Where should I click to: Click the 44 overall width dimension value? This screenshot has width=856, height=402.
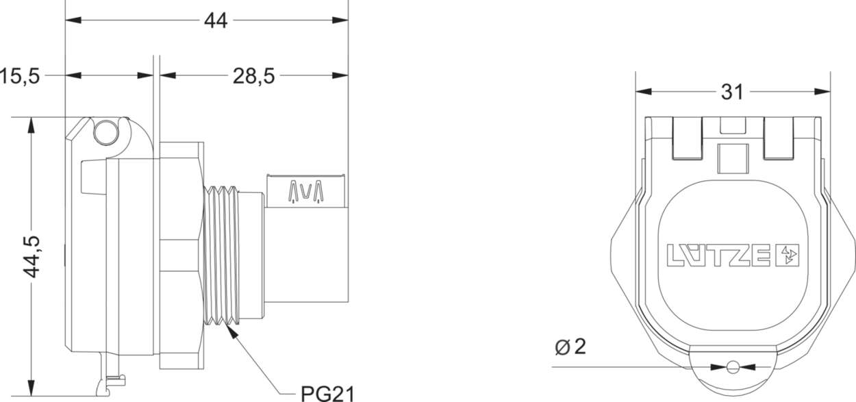click(216, 21)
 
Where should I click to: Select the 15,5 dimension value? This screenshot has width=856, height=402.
click(20, 76)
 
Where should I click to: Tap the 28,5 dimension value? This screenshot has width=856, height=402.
click(253, 76)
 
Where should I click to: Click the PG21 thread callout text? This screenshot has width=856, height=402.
click(328, 393)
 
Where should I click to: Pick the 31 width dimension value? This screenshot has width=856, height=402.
click(732, 92)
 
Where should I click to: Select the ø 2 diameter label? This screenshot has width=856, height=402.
click(570, 347)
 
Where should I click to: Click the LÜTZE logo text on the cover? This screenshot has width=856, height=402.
click(719, 255)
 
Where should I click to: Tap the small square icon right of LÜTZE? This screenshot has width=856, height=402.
click(790, 255)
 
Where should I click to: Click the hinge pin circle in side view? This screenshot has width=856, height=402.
click(106, 132)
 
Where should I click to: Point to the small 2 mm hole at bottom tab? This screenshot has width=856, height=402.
click(733, 367)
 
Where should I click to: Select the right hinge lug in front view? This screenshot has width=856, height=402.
click(779, 138)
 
